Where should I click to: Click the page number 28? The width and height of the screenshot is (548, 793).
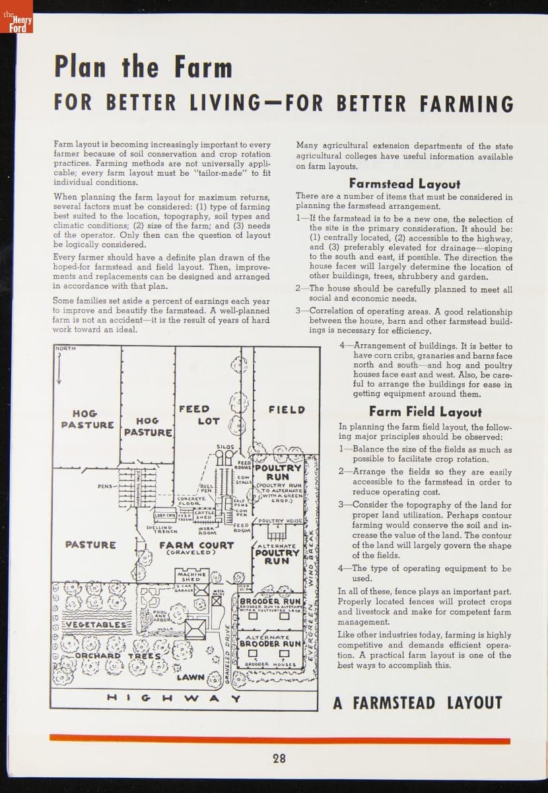tap(279, 758)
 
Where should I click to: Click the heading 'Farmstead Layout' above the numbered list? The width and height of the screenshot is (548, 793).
tap(404, 184)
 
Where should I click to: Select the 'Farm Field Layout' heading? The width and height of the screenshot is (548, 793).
tap(425, 412)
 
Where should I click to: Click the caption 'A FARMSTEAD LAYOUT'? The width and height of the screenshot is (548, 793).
tap(417, 702)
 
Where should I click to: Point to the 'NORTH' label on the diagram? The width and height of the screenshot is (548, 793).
tap(67, 348)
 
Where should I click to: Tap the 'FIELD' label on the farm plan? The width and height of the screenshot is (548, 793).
tap(287, 410)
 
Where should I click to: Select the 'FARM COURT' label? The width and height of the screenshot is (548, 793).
tap(197, 546)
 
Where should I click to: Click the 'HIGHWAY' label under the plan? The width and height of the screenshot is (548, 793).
tap(174, 697)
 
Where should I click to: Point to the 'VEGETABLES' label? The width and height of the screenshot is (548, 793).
tap(92, 624)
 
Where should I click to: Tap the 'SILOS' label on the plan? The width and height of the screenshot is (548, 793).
tap(225, 447)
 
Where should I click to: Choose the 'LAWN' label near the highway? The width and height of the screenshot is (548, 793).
tap(189, 677)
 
